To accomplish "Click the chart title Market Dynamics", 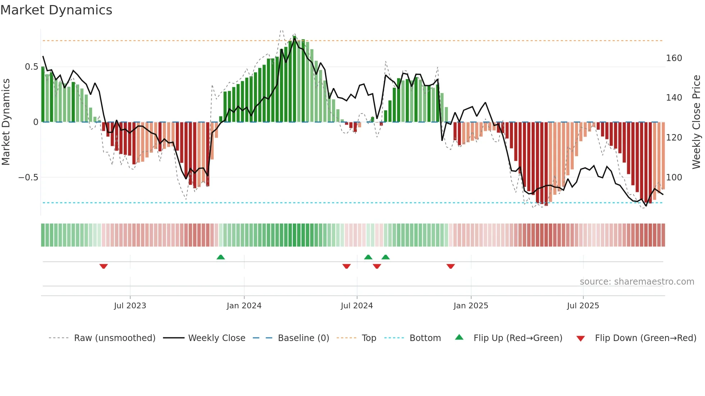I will click(x=56, y=10).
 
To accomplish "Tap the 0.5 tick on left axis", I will click(x=31, y=67).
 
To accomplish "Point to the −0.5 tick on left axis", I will click(x=28, y=178).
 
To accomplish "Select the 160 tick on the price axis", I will click(x=674, y=58).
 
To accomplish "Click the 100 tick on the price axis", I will click(x=674, y=178).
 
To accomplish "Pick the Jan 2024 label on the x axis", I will click(x=244, y=306).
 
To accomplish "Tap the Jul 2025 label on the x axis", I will click(x=583, y=306).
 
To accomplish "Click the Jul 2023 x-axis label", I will click(x=130, y=306).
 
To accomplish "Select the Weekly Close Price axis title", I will click(x=696, y=122).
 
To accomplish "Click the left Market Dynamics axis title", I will click(x=6, y=122).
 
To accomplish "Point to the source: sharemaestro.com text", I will click(x=637, y=282).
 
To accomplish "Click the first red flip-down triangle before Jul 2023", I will click(x=104, y=266).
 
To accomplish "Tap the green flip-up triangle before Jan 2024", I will click(x=220, y=257).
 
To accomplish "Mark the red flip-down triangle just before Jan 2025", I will click(x=451, y=266).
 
